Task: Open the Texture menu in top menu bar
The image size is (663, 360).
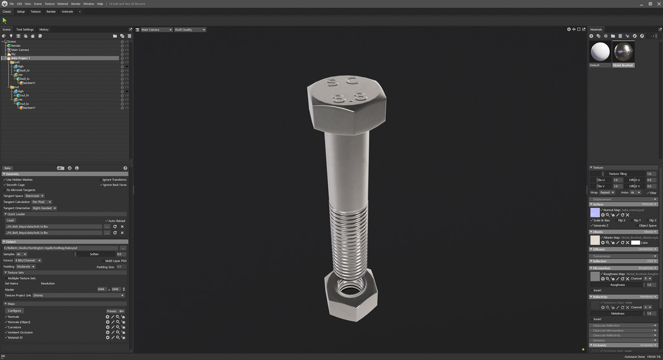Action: tap(49, 4)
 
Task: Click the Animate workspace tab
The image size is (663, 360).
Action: tap(67, 11)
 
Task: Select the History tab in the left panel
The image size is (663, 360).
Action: tap(44, 29)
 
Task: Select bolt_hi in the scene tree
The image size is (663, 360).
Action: tap(25, 70)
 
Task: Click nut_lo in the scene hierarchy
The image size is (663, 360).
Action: tap(25, 104)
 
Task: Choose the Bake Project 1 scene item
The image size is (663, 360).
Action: tap(20, 58)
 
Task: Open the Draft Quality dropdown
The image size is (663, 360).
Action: tap(190, 30)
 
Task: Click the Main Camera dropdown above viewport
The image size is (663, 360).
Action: tap(156, 30)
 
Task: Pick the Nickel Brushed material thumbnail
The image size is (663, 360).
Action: tap(623, 52)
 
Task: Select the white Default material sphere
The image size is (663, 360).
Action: tap(600, 52)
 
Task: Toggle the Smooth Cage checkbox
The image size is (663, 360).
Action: tap(5, 185)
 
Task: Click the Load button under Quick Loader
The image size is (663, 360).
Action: tap(10, 220)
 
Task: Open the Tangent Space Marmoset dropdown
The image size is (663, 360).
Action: tap(35, 196)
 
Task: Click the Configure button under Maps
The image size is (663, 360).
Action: tap(14, 311)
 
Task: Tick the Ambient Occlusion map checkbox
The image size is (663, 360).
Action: tap(6, 332)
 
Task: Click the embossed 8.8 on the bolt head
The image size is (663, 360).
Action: tap(349, 98)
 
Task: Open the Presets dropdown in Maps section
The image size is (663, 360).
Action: tap(115, 311)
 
